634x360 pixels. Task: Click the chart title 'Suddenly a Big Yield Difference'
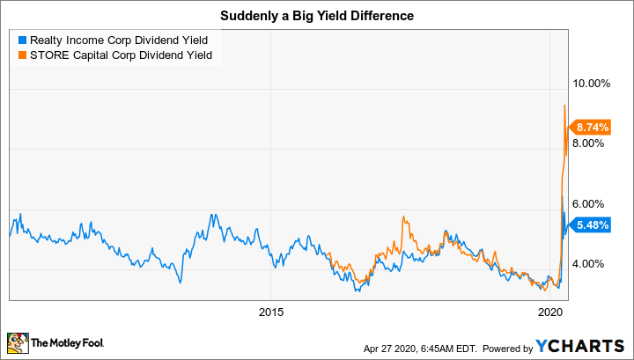click(x=317, y=16)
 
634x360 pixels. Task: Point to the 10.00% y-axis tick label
click(x=592, y=84)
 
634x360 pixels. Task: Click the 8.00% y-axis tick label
click(x=592, y=143)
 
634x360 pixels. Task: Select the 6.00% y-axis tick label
click(x=592, y=202)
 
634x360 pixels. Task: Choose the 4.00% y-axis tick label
click(x=592, y=263)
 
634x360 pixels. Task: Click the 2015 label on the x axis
click(x=271, y=312)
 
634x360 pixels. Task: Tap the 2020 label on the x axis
click(x=549, y=312)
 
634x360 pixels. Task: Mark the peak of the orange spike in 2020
click(x=564, y=106)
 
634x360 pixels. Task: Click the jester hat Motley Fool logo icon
click(x=17, y=343)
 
